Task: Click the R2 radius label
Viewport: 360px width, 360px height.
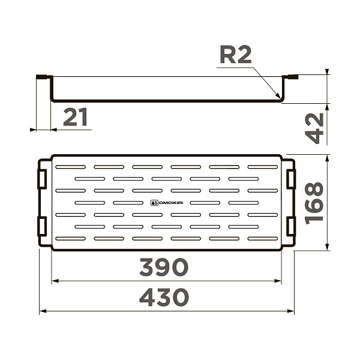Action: click(x=236, y=55)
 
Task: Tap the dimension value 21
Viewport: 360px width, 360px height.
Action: click(x=76, y=117)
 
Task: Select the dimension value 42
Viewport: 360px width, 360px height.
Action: click(x=314, y=128)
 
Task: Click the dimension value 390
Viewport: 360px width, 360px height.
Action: click(x=164, y=267)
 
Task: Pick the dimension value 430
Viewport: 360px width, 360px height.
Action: click(x=164, y=298)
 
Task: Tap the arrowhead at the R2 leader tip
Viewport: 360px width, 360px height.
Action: click(x=278, y=95)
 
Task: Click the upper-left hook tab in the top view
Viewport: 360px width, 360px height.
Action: click(x=42, y=179)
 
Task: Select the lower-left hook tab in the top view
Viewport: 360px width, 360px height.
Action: click(x=42, y=226)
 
